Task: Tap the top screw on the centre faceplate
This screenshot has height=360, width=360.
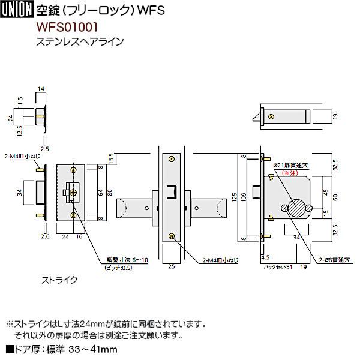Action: [x=172, y=158]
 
